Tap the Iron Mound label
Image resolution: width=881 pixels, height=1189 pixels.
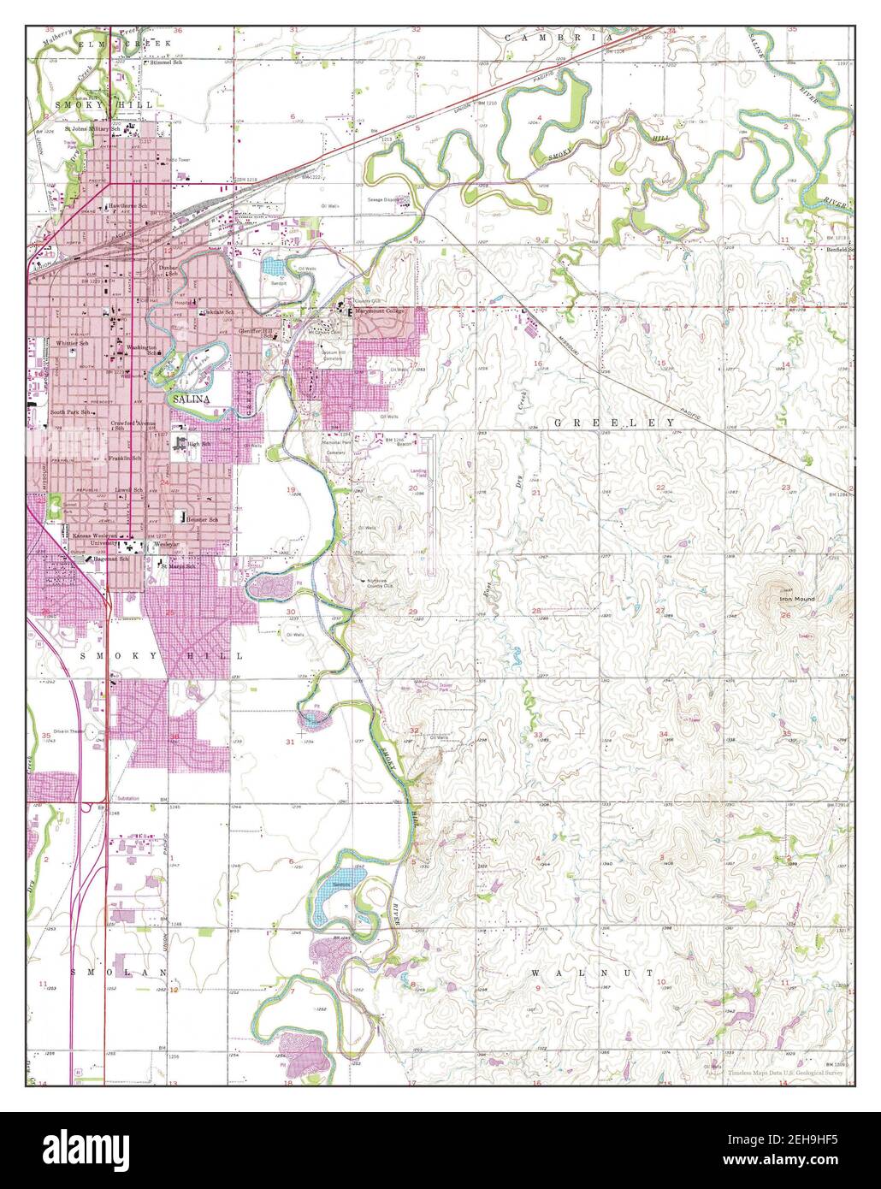(797, 599)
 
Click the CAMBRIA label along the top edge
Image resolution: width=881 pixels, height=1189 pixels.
(559, 38)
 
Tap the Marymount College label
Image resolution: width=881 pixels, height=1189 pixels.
(380, 311)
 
